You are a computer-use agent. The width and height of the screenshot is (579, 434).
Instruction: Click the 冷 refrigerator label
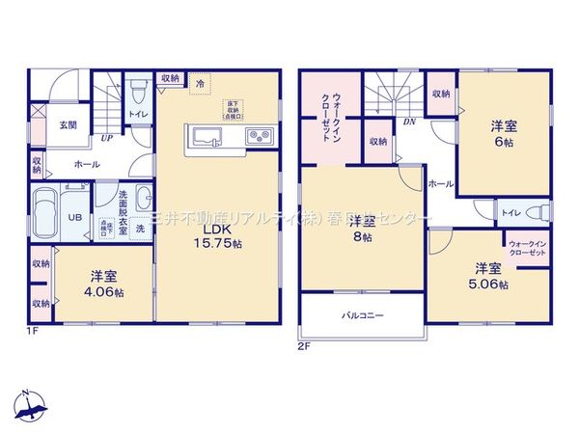(200, 84)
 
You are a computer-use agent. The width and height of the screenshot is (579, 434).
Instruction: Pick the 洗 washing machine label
(140, 229)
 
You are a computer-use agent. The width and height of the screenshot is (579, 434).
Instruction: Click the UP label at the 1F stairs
(105, 137)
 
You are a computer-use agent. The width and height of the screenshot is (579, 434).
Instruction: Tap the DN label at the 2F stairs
(409, 122)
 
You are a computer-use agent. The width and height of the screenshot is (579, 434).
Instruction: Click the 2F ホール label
(440, 182)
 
